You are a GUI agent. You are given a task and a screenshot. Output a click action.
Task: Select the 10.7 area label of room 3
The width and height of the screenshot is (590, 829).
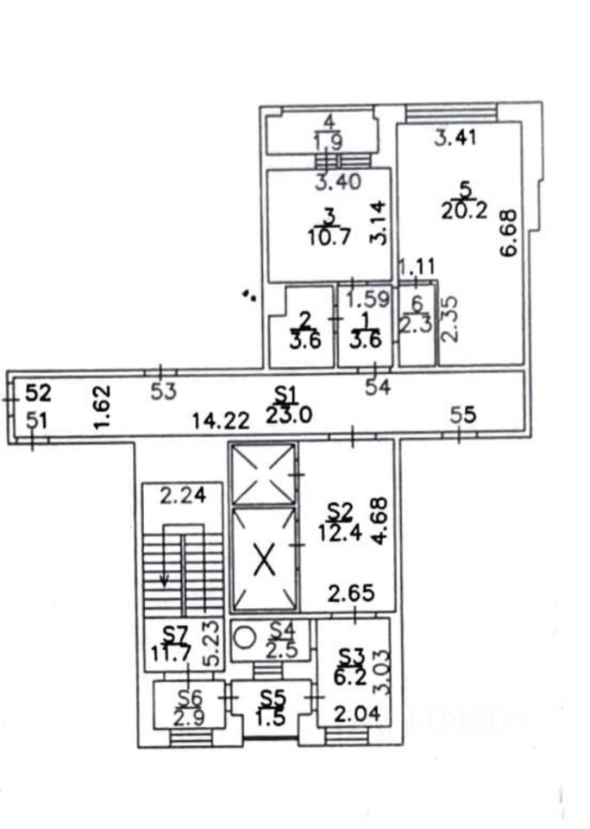(329, 235)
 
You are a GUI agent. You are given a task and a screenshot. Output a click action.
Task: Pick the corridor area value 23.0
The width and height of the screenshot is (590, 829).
(287, 414)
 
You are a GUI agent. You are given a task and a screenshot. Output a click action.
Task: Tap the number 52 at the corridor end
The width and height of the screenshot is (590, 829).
(37, 394)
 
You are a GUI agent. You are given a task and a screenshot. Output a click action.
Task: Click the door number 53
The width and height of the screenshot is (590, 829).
(163, 391)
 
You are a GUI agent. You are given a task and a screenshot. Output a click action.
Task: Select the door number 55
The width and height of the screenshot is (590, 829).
(463, 414)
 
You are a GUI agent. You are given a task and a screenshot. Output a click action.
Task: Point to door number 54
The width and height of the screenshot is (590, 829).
(378, 388)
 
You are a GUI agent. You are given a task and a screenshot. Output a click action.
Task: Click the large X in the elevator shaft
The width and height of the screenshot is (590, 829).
(265, 563)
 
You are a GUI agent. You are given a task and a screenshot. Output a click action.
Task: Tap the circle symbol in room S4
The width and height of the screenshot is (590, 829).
(245, 637)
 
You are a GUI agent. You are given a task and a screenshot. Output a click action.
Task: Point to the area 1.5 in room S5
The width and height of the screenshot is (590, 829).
(273, 716)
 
